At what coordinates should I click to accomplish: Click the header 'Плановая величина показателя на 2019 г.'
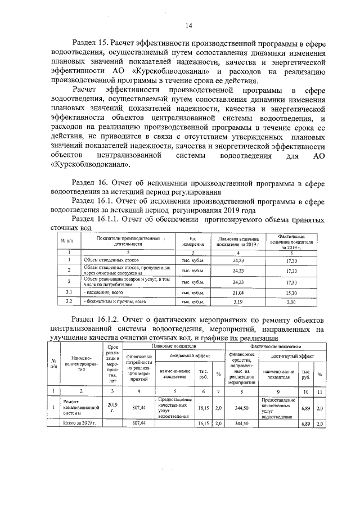[238, 241]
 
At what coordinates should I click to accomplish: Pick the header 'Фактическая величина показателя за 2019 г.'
[291, 241]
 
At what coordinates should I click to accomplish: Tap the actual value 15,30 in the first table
[291, 292]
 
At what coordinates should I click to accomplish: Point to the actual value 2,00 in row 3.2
[291, 302]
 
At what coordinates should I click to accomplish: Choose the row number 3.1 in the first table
[68, 292]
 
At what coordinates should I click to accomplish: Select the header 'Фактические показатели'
[275, 347]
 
